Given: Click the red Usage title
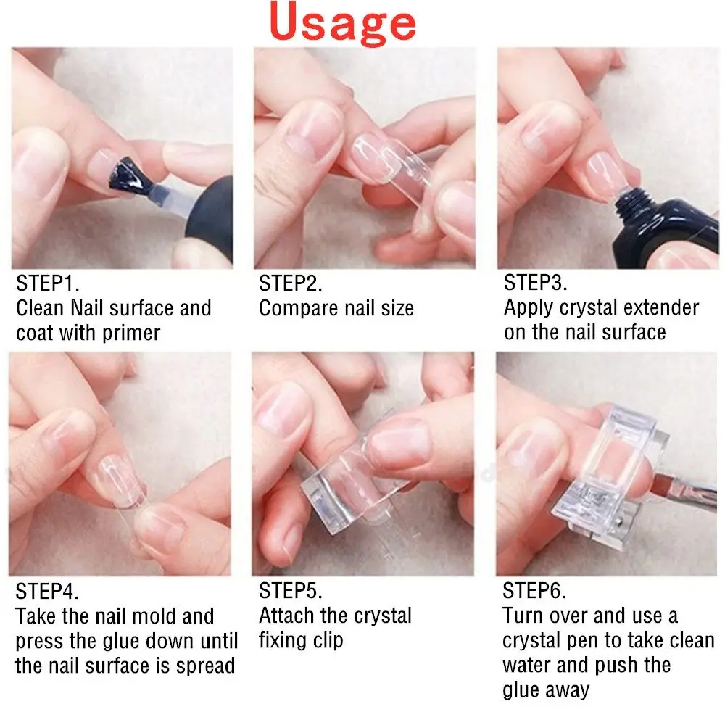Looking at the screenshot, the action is (x=343, y=23).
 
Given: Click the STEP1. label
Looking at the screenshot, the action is (x=48, y=283).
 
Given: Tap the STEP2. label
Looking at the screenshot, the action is (x=291, y=283).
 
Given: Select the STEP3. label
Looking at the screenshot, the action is (x=536, y=282).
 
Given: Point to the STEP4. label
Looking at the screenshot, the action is (x=46, y=591).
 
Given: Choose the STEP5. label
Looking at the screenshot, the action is (x=291, y=590).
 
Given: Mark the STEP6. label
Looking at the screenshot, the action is (x=534, y=590).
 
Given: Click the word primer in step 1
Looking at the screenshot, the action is (x=131, y=333).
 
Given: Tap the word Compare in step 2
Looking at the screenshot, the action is (x=298, y=308).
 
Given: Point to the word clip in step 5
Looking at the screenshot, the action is (x=328, y=641).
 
